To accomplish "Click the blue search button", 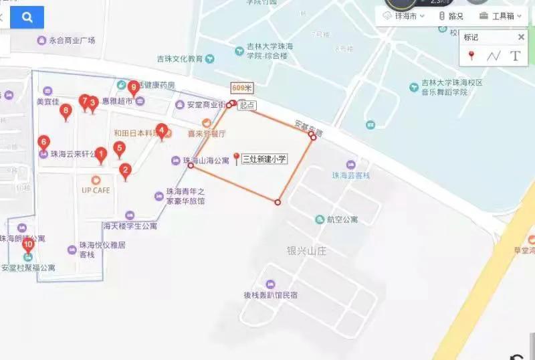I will click(x=27, y=18).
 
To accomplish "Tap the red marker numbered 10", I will click(x=28, y=245).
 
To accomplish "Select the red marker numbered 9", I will click(x=133, y=87).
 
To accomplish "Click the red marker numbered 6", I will click(x=44, y=143).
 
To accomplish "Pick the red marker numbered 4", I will click(x=161, y=130).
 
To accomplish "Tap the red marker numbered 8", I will click(x=66, y=110).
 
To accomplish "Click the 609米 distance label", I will click(x=241, y=88).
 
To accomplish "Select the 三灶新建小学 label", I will click(x=264, y=159).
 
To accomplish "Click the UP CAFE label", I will click(x=96, y=190).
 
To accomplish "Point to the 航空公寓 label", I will click(x=342, y=219).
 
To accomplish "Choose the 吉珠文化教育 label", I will click(x=180, y=58).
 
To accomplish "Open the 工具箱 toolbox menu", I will click(x=500, y=16).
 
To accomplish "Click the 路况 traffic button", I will click(x=451, y=16).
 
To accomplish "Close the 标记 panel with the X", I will click(x=521, y=37).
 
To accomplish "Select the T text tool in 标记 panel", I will click(x=515, y=56).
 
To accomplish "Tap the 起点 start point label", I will click(x=247, y=106).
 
